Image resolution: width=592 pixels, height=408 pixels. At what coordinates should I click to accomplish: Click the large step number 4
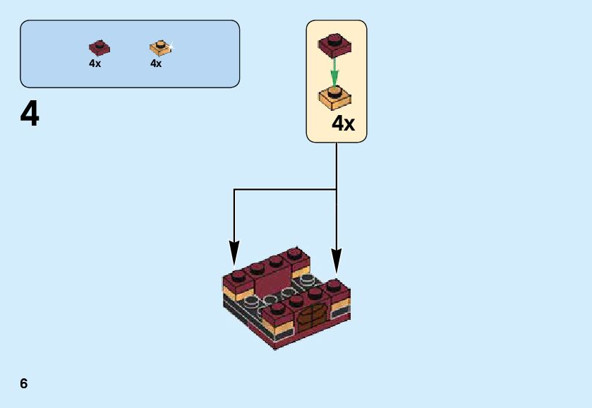30,114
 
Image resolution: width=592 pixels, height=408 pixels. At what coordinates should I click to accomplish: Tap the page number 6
24,383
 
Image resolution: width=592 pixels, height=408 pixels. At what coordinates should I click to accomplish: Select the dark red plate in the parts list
99,47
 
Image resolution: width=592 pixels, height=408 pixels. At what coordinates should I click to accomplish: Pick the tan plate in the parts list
161,48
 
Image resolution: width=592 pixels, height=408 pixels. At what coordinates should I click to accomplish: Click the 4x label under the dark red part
95,64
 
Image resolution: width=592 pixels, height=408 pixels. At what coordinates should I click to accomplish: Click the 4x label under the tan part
156,64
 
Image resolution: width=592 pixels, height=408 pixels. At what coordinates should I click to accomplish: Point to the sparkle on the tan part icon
170,47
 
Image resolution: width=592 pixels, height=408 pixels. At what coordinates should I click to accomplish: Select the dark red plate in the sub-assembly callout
335,45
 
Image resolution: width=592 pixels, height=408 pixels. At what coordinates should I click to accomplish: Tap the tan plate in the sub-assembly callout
335,98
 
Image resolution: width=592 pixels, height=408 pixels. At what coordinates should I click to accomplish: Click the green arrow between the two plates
334,73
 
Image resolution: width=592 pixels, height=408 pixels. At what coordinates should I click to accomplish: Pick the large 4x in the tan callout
344,124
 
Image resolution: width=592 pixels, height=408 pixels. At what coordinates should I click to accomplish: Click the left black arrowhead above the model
234,253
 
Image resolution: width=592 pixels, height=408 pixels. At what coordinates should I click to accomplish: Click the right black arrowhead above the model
337,260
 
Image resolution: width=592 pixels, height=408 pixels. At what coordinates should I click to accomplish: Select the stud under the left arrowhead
238,276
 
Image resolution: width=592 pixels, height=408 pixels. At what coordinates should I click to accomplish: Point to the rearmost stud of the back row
294,254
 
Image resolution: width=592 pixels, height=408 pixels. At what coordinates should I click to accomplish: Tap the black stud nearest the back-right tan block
308,280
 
